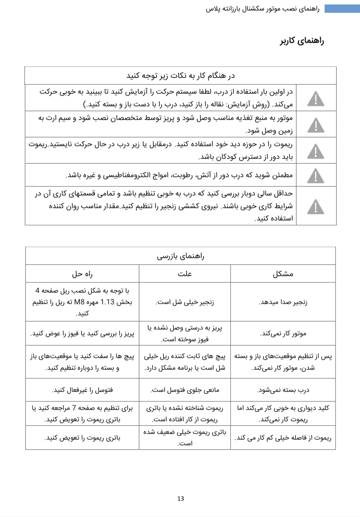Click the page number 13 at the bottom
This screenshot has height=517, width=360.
180,499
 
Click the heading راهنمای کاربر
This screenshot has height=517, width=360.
302,41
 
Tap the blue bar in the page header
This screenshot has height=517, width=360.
342,9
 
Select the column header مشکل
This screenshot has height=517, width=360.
283,274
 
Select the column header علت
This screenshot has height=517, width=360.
185,274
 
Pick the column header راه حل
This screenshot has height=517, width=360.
82,274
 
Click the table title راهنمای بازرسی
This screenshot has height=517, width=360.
180,256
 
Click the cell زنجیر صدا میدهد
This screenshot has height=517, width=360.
283,302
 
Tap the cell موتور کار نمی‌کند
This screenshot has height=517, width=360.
283,334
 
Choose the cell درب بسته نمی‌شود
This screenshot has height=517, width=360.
283,390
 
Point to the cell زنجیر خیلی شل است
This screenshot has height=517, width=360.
185,302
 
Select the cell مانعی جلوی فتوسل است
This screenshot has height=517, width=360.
185,390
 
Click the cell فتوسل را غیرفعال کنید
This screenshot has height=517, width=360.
82,390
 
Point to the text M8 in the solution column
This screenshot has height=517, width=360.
78,302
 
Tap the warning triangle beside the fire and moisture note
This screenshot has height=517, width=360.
315,175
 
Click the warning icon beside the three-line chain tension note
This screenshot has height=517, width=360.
315,206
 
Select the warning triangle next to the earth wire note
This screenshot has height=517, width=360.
315,125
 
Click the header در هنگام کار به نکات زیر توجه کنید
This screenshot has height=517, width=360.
180,76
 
